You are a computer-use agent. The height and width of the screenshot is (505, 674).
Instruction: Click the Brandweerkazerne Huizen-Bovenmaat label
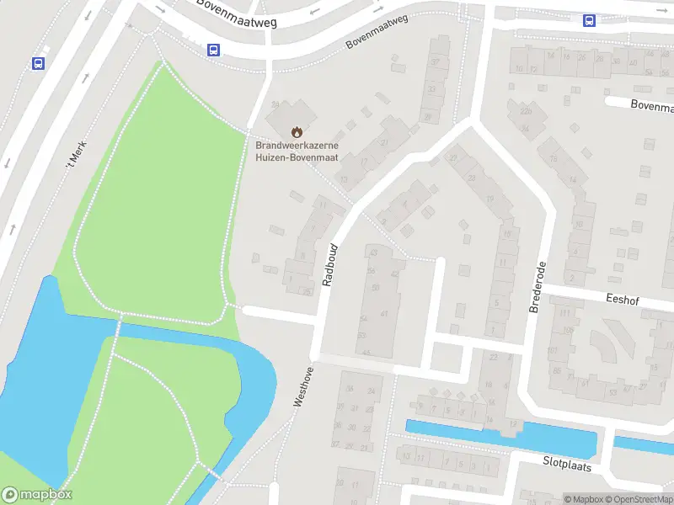click(x=296, y=150)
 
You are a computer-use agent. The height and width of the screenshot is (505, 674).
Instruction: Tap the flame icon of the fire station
click(x=296, y=132)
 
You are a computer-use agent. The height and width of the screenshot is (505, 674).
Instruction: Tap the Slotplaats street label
click(x=566, y=465)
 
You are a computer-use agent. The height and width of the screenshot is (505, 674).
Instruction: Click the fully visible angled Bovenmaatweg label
click(x=377, y=31)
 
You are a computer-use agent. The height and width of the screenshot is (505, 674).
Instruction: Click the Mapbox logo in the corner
click(x=37, y=495)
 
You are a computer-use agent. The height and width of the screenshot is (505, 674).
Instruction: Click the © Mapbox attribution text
click(x=580, y=499)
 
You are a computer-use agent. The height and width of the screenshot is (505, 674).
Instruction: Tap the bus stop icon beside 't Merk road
click(x=38, y=63)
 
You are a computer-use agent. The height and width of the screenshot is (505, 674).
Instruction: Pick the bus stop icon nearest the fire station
click(x=214, y=50)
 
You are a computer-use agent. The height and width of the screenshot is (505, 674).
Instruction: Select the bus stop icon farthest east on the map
click(x=589, y=21)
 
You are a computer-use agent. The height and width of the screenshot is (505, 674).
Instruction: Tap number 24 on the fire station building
click(x=275, y=104)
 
